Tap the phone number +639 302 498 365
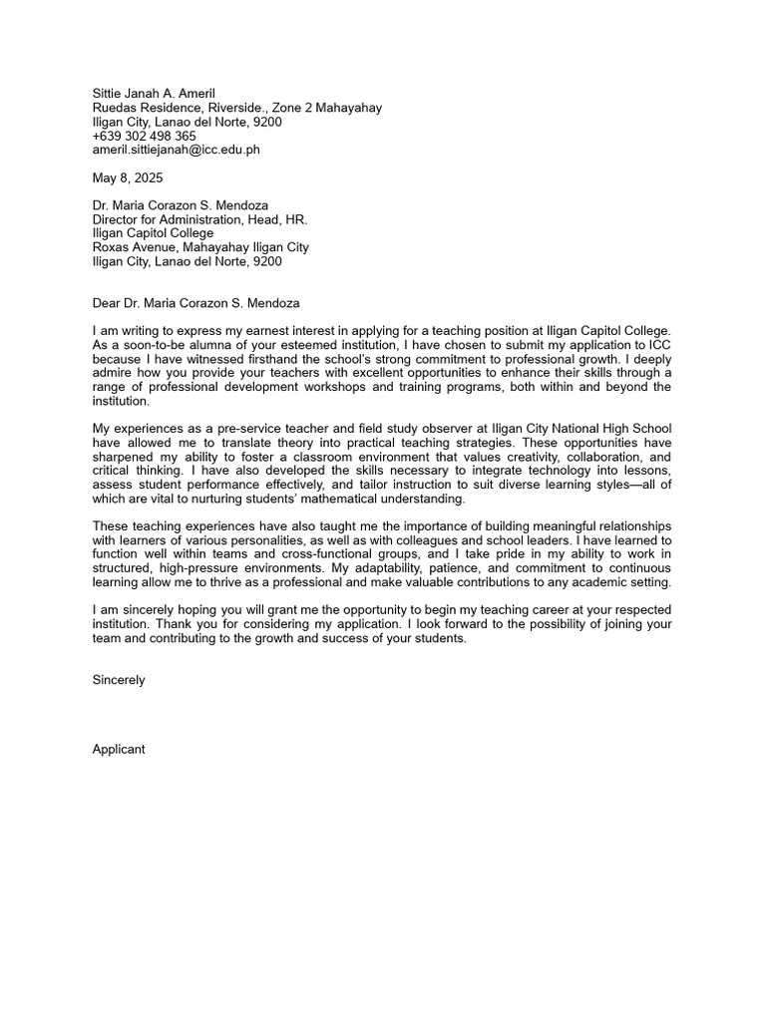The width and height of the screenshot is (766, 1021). pyautogui.click(x=144, y=136)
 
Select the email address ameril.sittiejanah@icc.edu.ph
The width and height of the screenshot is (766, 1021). pyautogui.click(x=176, y=150)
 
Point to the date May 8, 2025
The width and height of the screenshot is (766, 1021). pyautogui.click(x=127, y=177)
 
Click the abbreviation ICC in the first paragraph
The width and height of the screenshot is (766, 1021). pyautogui.click(x=658, y=344)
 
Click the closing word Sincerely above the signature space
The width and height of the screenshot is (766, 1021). pyautogui.click(x=119, y=679)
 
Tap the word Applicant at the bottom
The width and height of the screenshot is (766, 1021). pyautogui.click(x=119, y=749)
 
